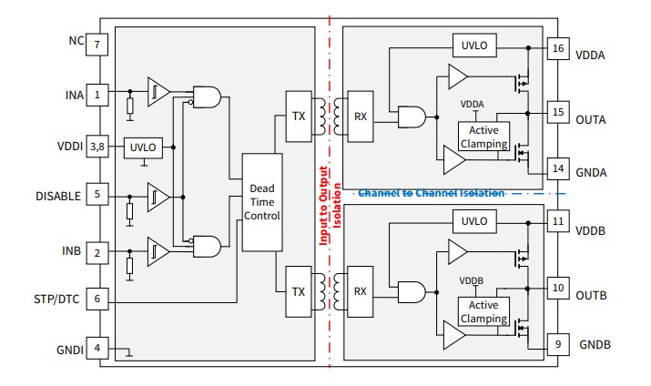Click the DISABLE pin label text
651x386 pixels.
point(59,196)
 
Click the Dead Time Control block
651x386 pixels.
point(261,202)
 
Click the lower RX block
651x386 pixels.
point(361,292)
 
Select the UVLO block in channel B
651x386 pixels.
point(475,220)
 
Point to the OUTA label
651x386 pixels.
point(591,119)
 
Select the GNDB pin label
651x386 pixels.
point(594,345)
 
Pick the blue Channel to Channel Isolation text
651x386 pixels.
point(432,193)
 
